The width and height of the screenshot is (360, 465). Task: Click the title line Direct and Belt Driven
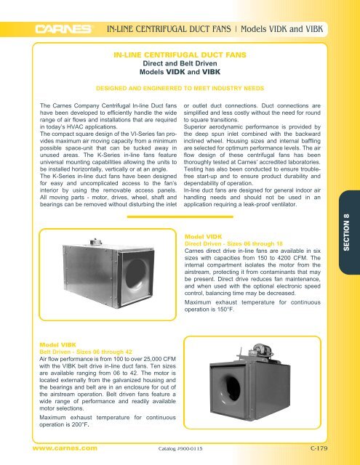(179, 63)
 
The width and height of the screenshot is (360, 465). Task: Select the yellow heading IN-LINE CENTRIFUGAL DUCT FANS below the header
(179, 54)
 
